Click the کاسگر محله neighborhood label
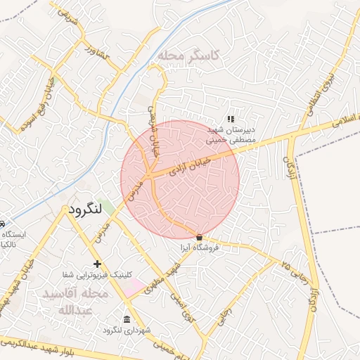tap(188, 55)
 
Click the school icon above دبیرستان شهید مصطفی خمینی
tap(230, 120)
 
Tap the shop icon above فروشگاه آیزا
tap(200, 237)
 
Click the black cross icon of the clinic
tap(98, 264)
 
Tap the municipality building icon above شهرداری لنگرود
tap(127, 319)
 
